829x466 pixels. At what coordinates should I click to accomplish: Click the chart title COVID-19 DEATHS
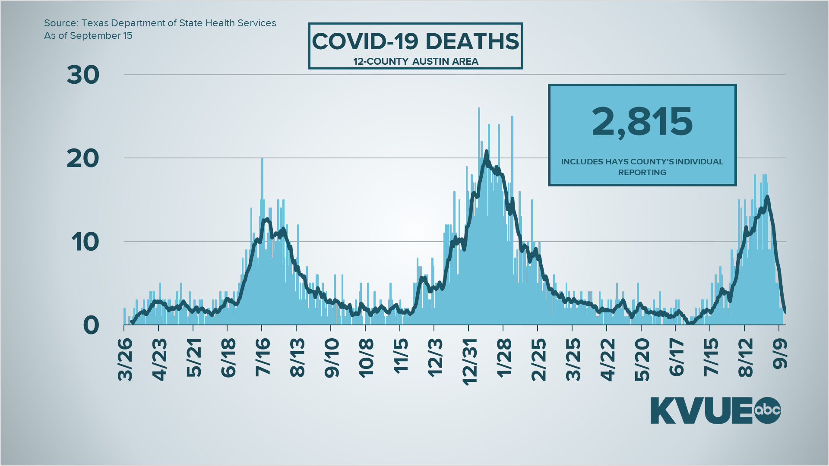tap(415, 42)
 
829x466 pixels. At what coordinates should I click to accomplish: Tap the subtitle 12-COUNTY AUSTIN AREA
tap(415, 62)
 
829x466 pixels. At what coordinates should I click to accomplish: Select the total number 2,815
tap(642, 122)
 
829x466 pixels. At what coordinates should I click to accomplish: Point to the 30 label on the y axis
tap(83, 75)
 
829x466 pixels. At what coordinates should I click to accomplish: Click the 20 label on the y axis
tap(83, 159)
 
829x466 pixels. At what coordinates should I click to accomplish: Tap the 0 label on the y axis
tap(91, 325)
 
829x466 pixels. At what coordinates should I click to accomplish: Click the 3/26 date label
tap(125, 359)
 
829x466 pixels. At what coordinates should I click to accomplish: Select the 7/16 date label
tap(263, 357)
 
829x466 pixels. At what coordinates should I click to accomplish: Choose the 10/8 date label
tap(366, 358)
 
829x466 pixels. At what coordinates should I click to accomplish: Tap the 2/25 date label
tap(538, 359)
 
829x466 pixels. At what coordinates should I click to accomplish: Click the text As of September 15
tap(88, 36)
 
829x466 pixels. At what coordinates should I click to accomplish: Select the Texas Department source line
tap(160, 23)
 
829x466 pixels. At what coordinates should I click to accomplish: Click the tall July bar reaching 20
tap(262, 181)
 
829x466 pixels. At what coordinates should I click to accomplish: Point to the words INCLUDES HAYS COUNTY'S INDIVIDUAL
tap(642, 162)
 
